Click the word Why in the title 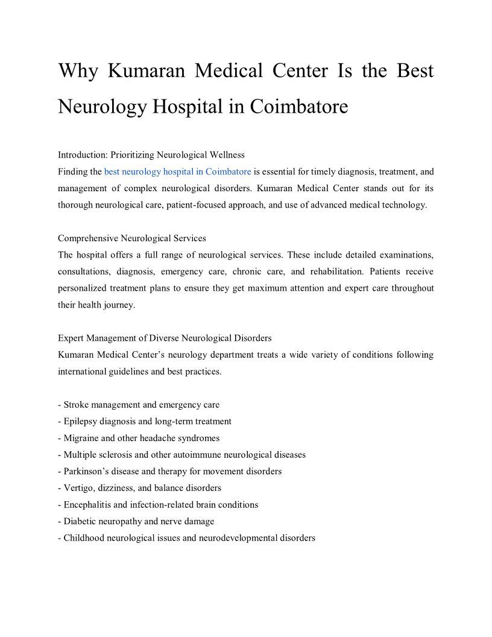point(77,71)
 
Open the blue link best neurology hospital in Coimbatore point(177,172)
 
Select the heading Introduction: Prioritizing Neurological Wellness point(151,155)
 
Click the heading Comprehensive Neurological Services point(132,238)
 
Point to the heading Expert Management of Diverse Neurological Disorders point(165,338)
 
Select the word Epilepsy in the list point(81,421)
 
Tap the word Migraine point(82,438)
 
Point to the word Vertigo point(79,487)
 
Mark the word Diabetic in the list point(81,521)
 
